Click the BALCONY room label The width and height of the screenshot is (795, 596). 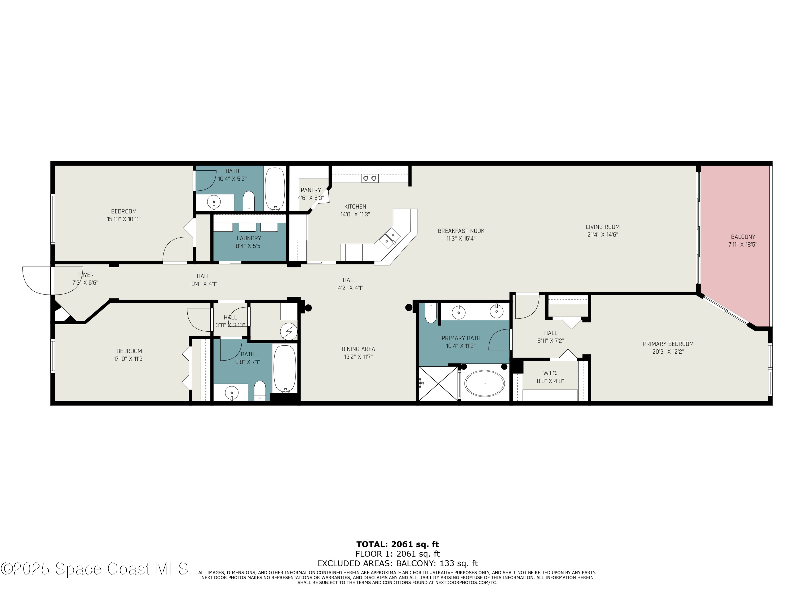click(x=743, y=237)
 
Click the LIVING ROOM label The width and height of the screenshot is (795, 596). click(x=602, y=227)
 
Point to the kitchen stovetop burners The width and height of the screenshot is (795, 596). click(x=369, y=178)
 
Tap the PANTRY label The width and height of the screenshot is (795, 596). click(x=311, y=190)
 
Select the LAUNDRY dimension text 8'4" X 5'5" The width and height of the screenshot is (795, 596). click(x=249, y=246)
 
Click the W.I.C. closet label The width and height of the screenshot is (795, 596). click(x=550, y=373)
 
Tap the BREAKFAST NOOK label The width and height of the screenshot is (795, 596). click(x=461, y=231)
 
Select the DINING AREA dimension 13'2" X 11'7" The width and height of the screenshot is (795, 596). click(x=358, y=357)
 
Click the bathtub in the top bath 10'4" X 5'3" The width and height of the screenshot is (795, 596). click(x=275, y=188)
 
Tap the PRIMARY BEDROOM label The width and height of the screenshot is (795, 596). click(x=668, y=344)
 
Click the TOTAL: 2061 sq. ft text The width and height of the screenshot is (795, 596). click(x=397, y=544)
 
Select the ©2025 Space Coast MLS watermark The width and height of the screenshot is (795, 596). click(x=94, y=569)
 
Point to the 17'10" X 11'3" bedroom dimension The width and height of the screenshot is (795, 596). click(x=129, y=359)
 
